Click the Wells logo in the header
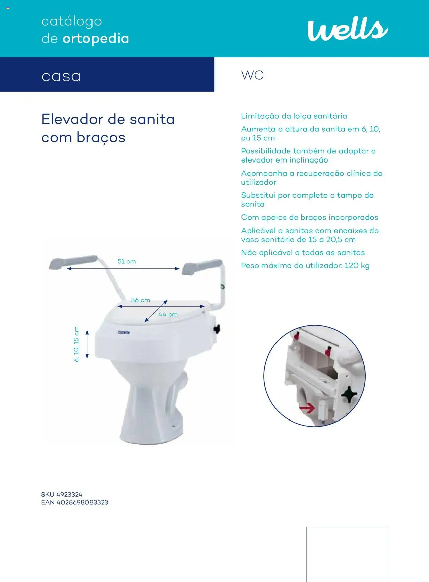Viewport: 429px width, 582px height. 348,29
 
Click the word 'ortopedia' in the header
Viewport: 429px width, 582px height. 96,39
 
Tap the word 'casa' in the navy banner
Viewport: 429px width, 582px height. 61,76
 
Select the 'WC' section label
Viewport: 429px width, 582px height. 252,75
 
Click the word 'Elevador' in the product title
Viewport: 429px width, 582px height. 72,119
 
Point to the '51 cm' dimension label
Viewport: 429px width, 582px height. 127,261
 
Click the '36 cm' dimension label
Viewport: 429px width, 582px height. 140,300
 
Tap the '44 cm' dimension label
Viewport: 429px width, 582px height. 168,314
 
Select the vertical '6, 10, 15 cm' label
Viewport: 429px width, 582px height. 76,344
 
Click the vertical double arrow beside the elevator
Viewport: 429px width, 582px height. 87,344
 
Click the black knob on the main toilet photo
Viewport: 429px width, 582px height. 217,329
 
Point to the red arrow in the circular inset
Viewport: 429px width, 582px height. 307,408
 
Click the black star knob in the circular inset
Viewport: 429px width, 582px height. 349,394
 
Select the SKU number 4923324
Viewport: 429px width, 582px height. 69,494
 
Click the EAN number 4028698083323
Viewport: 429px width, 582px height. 82,502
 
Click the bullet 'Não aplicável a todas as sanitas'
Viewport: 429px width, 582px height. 303,253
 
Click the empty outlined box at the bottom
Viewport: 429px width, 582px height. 347,554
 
